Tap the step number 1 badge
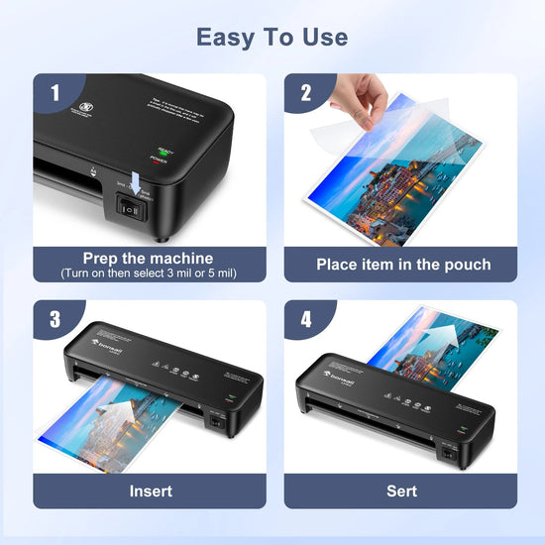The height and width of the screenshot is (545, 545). [55, 93]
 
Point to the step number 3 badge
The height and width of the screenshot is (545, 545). [54, 321]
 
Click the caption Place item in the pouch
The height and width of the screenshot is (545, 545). [403, 265]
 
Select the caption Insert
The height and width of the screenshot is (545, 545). [151, 490]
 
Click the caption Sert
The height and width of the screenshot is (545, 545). [402, 490]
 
